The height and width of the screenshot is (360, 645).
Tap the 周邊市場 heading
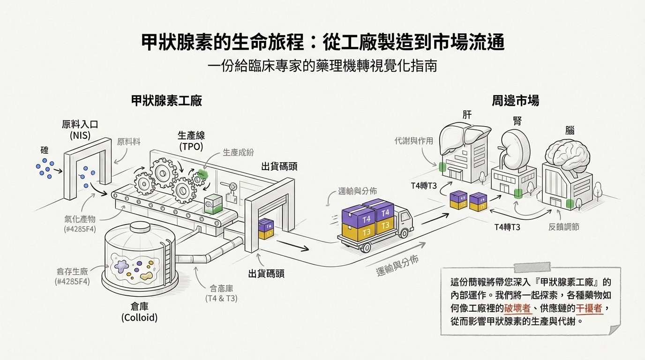515,101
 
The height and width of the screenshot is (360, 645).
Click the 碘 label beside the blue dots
45,151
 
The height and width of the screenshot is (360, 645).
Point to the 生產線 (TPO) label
191,141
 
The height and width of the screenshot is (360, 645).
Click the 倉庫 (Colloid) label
139,312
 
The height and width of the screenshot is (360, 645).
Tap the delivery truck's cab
404,220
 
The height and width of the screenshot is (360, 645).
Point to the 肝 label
467,114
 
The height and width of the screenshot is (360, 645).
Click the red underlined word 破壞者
517,308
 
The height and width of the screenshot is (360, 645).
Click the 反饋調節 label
563,227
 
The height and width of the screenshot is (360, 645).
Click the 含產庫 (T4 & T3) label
221,293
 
